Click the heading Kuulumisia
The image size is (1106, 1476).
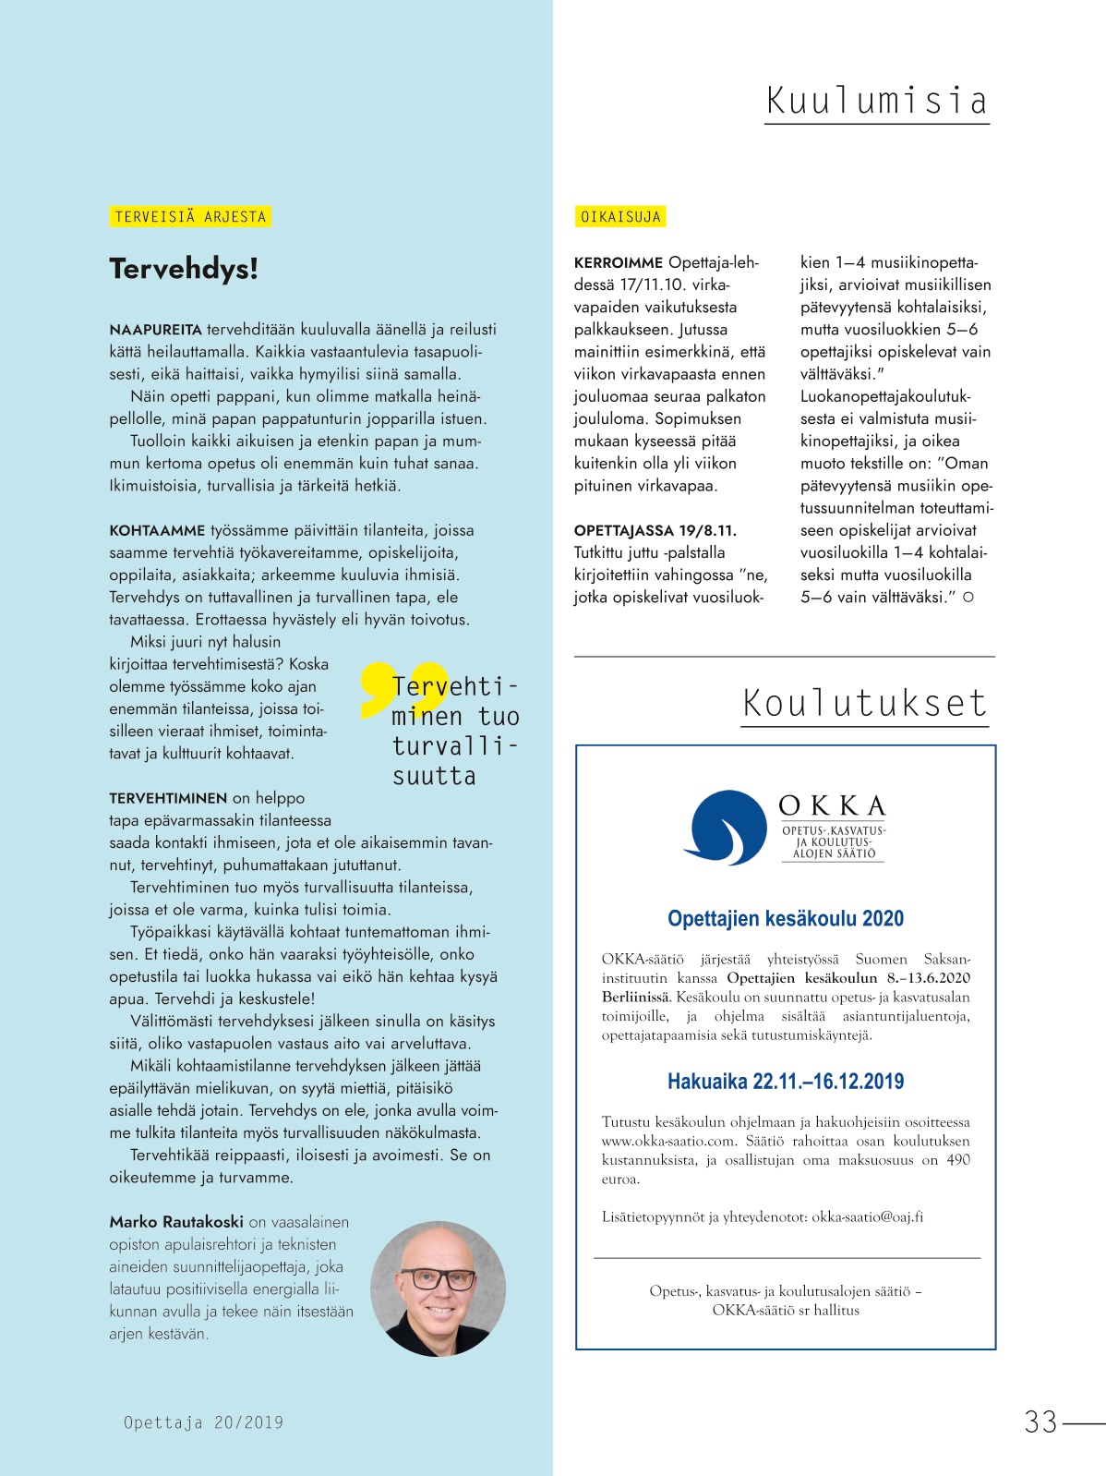click(x=876, y=101)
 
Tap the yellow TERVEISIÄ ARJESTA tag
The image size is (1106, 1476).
click(x=190, y=217)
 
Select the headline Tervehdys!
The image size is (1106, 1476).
click(x=184, y=269)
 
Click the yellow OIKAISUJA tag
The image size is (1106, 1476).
click(x=620, y=217)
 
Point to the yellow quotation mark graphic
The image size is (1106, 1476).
click(x=403, y=688)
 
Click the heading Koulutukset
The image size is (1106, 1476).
click(x=864, y=704)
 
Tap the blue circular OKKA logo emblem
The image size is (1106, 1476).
click(x=727, y=827)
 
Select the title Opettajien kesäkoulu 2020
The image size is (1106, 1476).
click(x=786, y=918)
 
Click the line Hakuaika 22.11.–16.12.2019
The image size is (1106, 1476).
click(x=786, y=1082)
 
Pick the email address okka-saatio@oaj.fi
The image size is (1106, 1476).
click(x=867, y=1216)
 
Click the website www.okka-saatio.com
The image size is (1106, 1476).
click(x=656, y=1141)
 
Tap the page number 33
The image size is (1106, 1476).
click(x=1040, y=1422)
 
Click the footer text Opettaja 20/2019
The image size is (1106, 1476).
click(x=203, y=1422)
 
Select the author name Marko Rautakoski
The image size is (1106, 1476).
click(x=176, y=1222)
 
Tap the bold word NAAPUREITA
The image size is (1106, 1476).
click(x=155, y=330)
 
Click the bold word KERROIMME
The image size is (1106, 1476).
click(x=618, y=263)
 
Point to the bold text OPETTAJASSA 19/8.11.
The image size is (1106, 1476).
click(x=655, y=530)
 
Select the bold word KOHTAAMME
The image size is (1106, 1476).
click(x=157, y=531)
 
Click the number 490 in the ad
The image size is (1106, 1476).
click(x=958, y=1160)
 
